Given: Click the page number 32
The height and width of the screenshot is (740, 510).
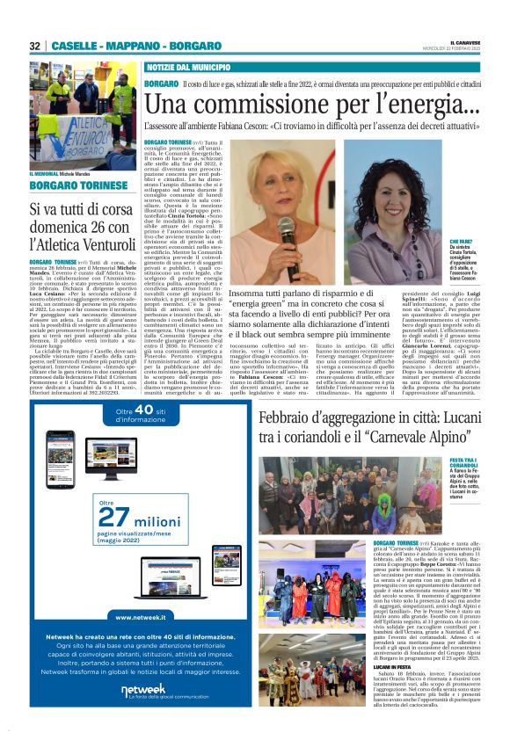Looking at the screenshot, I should coord(35,46).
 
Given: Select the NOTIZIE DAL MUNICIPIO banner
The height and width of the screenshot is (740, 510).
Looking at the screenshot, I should coord(188,67).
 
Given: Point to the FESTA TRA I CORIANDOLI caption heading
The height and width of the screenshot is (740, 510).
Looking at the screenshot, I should coord(464,462).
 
